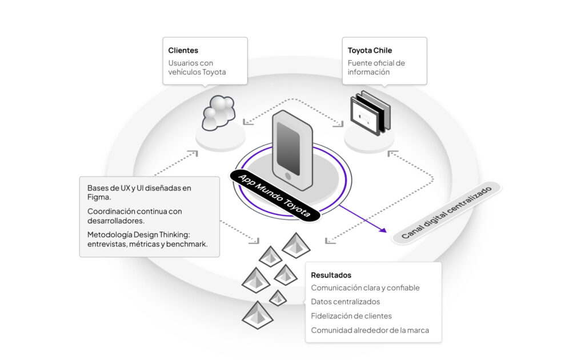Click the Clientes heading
183,50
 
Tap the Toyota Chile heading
370,50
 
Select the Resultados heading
331,275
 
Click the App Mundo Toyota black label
276,194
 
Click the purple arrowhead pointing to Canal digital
382,230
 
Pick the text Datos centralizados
345,302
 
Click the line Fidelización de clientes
351,316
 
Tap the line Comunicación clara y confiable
365,288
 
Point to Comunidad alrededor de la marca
370,330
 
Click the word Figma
98,197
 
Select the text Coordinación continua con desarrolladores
134,215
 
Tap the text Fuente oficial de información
376,67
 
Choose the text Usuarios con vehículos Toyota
197,67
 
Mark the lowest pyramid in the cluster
255,315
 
